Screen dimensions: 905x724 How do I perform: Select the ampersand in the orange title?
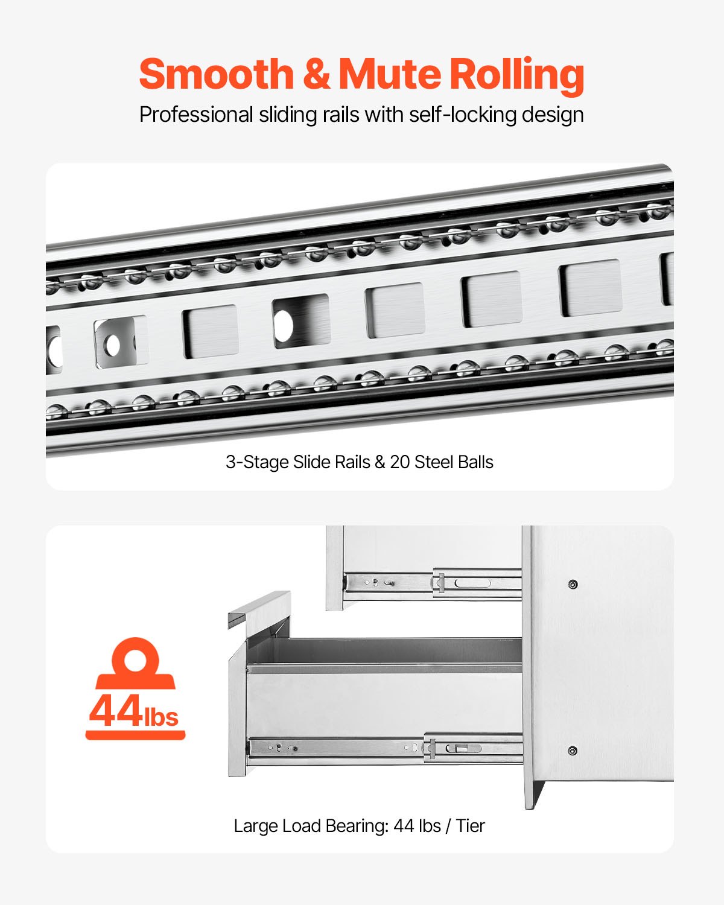pyautogui.click(x=316, y=74)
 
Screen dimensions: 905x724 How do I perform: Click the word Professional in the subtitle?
pyautogui.click(x=196, y=115)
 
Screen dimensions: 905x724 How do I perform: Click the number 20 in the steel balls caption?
pyautogui.click(x=399, y=462)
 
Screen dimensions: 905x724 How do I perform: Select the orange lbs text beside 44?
pyautogui.click(x=161, y=717)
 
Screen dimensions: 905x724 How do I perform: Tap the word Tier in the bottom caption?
pyautogui.click(x=470, y=825)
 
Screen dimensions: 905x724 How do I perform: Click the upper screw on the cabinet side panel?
pyautogui.click(x=573, y=584)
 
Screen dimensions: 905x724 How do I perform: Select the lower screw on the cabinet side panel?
pyautogui.click(x=572, y=751)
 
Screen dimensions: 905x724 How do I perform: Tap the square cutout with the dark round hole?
pyautogui.click(x=300, y=321)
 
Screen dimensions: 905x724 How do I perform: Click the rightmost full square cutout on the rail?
pyautogui.click(x=590, y=288)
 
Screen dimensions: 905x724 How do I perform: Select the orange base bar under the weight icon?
pyautogui.click(x=135, y=735)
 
